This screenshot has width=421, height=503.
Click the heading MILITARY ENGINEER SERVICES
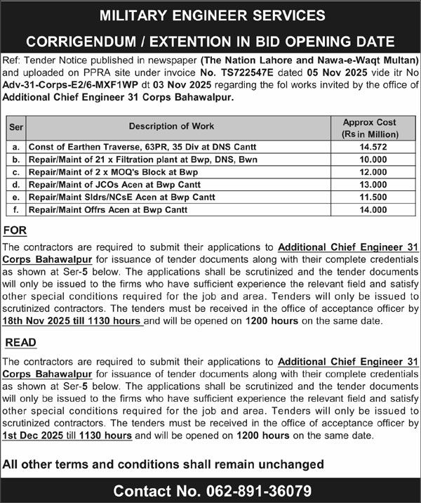pos(210,15)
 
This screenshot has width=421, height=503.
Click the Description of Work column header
pos(179,126)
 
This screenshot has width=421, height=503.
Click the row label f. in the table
pos(15,209)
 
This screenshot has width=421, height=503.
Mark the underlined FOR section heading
pos(15,231)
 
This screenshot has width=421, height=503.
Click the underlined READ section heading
pos(20,342)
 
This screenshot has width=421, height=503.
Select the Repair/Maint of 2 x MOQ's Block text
pos(113,173)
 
